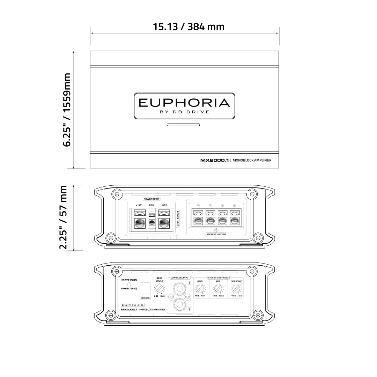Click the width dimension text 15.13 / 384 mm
[x=188, y=27]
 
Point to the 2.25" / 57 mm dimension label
[x=64, y=217]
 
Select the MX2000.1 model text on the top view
[x=214, y=160]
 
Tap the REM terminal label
[x=152, y=205]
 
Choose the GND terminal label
[x=165, y=205]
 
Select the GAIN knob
[x=200, y=289]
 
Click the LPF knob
[x=218, y=289]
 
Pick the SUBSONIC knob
[x=236, y=289]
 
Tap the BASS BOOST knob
[x=159, y=289]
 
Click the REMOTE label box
[x=145, y=298]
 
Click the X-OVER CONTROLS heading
[x=218, y=278]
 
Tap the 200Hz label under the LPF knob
[x=221, y=296]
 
